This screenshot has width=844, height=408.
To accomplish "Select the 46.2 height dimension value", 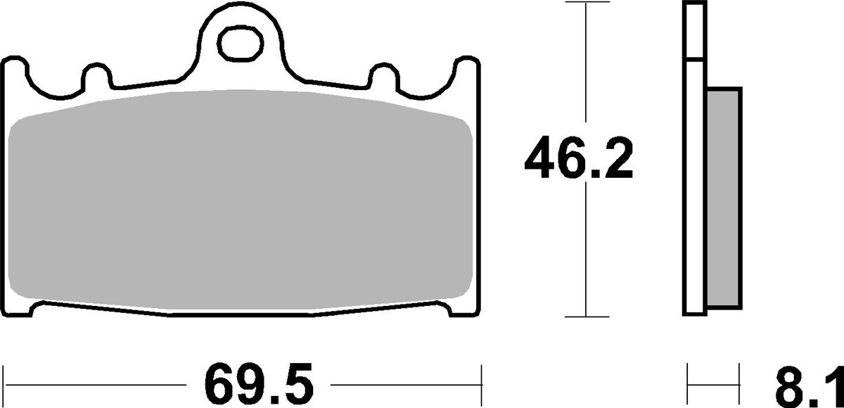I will tap(579, 160).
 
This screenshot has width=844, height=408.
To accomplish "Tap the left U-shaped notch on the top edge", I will tap(98, 76).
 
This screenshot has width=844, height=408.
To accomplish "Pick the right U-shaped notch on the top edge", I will tap(383, 76).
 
